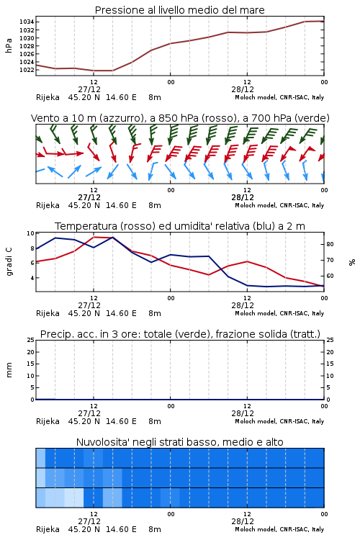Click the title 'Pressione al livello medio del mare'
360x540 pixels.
click(x=179, y=10)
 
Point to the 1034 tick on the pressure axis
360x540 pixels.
click(x=27, y=22)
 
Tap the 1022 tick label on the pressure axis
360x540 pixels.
click(x=27, y=70)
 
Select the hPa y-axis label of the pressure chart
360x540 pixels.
click(x=9, y=45)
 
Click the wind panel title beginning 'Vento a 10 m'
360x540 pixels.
click(x=180, y=118)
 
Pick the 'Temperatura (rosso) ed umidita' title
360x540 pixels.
click(x=179, y=226)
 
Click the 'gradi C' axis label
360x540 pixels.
click(x=9, y=262)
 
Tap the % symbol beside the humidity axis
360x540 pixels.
click(x=352, y=262)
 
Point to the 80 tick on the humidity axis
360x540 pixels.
click(x=330, y=244)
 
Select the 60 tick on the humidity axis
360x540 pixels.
click(x=330, y=276)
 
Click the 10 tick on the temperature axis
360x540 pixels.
click(x=30, y=233)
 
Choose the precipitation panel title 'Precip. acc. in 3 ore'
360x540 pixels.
click(x=180, y=334)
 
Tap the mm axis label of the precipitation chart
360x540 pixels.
click(x=9, y=370)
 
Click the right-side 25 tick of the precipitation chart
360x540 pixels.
click(x=330, y=341)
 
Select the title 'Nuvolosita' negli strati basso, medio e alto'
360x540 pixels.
click(x=179, y=442)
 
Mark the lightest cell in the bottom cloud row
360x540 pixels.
click(x=74, y=498)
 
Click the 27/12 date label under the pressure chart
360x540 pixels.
click(x=89, y=89)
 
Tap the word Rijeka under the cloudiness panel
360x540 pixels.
click(x=48, y=529)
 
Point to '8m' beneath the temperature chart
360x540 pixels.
click(x=155, y=313)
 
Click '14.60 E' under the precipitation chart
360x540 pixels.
click(x=121, y=421)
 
